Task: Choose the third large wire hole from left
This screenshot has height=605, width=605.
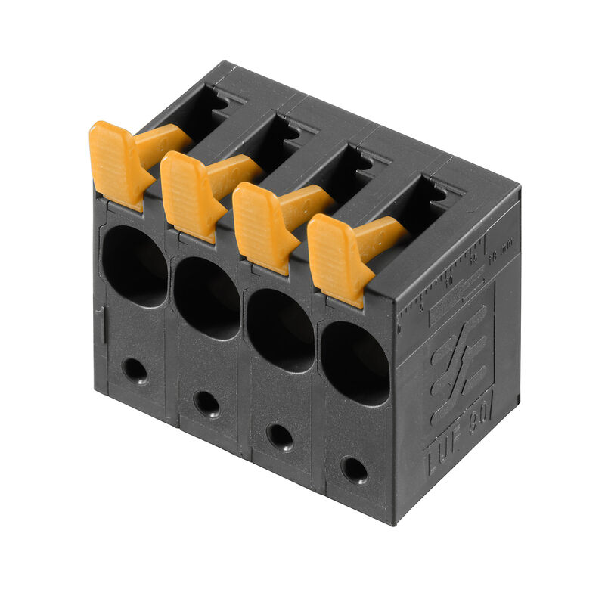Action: [280, 330]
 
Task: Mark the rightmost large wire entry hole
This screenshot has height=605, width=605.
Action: [355, 364]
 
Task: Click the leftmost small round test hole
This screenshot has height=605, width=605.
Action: [135, 371]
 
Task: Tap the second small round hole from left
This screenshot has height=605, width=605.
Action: [206, 402]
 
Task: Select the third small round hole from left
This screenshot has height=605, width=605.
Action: [280, 436]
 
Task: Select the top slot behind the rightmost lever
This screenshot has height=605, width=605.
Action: [423, 203]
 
